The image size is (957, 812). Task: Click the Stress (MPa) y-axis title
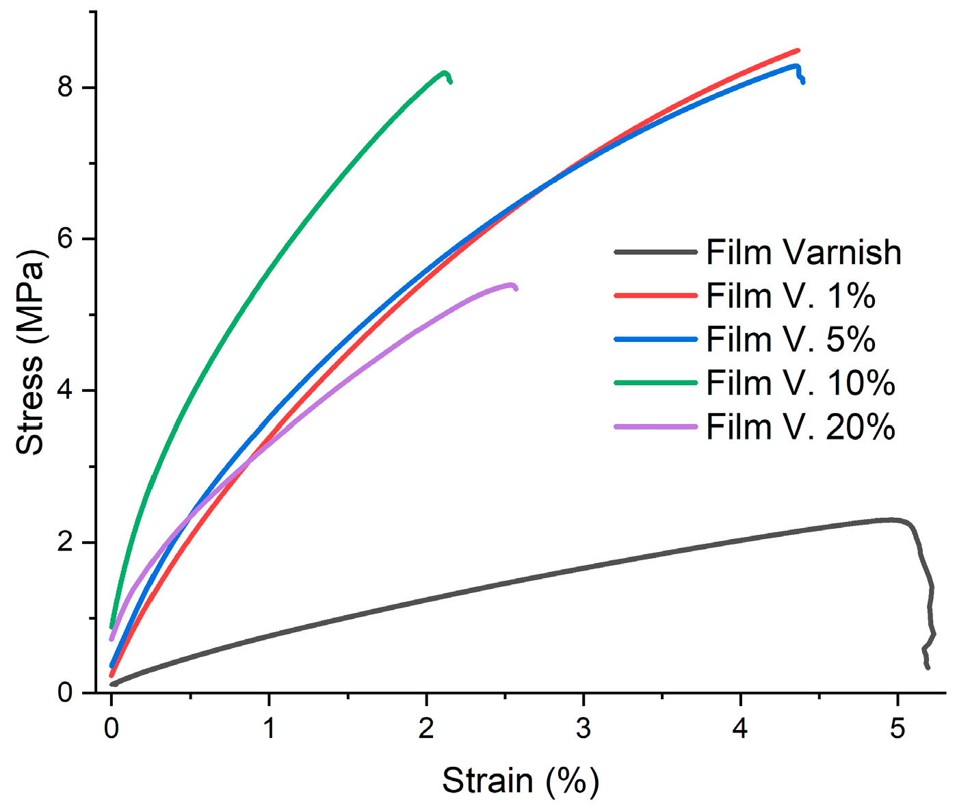tap(30, 353)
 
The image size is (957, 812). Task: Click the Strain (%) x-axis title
tap(520, 781)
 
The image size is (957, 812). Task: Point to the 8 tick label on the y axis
tap(66, 88)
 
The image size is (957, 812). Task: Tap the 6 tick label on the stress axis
tap(66, 239)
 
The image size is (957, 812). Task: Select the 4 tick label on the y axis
tap(66, 391)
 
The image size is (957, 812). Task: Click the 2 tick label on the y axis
tap(66, 542)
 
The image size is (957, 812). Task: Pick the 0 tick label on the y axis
tap(66, 693)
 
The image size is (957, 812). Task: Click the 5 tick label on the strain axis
tap(897, 729)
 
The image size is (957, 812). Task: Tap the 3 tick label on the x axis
tap(584, 729)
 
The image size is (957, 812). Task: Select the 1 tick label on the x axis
tap(269, 729)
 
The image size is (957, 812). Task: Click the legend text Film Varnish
tap(803, 252)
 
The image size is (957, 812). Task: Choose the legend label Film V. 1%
tap(790, 296)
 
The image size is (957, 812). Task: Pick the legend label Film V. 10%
tap(800, 383)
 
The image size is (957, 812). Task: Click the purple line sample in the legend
tap(655, 427)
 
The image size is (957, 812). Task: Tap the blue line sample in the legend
tap(655, 339)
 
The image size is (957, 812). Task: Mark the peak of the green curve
tap(445, 73)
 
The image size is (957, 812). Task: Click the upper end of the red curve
tap(798, 50)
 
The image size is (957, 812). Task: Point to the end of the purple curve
tap(516, 289)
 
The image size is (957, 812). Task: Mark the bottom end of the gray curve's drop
tap(928, 667)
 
